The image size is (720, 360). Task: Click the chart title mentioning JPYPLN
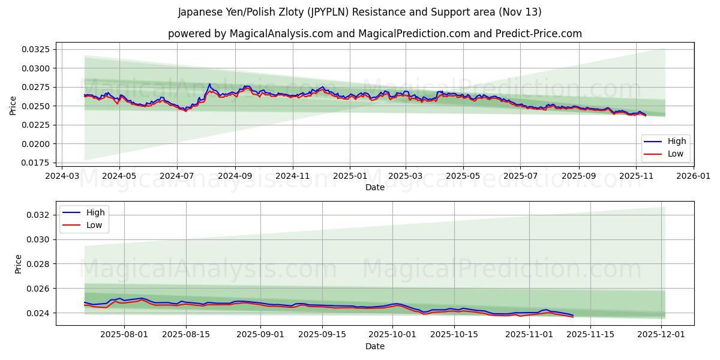359,12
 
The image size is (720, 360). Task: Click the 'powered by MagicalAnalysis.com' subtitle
374,34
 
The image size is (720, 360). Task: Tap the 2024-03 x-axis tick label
62,176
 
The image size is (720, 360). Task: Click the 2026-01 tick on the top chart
694,176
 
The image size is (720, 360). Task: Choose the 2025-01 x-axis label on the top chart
350,176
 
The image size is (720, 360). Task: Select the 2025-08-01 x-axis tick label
124,335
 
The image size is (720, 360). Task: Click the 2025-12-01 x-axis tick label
661,335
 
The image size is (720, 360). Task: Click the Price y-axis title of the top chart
13,106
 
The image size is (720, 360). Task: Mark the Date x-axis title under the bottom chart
374,346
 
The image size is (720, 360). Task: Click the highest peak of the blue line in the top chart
209,84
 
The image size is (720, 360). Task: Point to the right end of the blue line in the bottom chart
573,315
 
